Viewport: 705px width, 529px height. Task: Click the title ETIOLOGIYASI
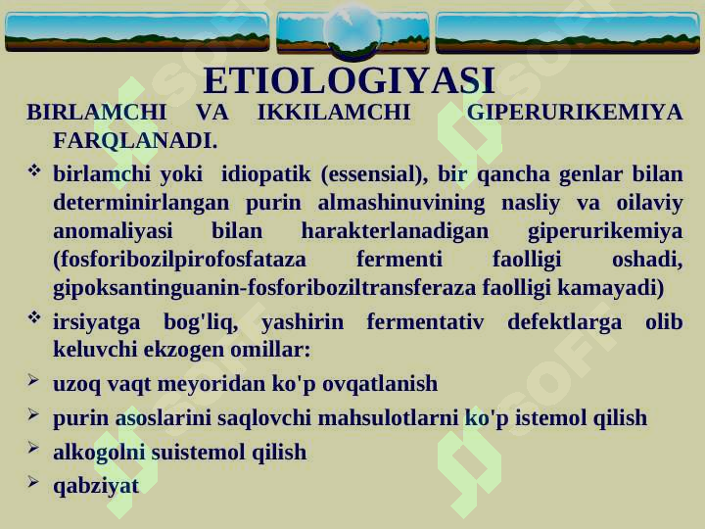point(349,81)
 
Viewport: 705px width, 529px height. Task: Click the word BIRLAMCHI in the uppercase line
point(97,112)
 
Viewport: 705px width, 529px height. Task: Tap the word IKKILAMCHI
point(334,112)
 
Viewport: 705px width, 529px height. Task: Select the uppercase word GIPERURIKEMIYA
point(575,112)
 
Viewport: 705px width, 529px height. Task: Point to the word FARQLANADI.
point(135,140)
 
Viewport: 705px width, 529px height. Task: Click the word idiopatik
point(265,174)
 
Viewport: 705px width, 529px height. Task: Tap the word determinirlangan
point(141,203)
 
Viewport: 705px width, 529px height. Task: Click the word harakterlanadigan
point(395,231)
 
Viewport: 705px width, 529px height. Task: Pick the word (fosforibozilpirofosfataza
point(180,260)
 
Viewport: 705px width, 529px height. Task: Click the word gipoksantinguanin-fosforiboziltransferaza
point(264,288)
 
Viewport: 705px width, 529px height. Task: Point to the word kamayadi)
point(611,288)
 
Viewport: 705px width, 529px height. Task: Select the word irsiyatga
point(97,322)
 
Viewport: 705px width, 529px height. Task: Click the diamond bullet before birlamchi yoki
point(34,170)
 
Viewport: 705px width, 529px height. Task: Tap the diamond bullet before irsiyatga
point(34,317)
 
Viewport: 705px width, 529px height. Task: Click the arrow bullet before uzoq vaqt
point(33,380)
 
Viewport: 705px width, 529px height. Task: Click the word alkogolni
point(99,453)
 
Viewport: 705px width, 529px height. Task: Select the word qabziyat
point(96,486)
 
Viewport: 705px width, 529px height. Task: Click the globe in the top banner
point(352,31)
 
